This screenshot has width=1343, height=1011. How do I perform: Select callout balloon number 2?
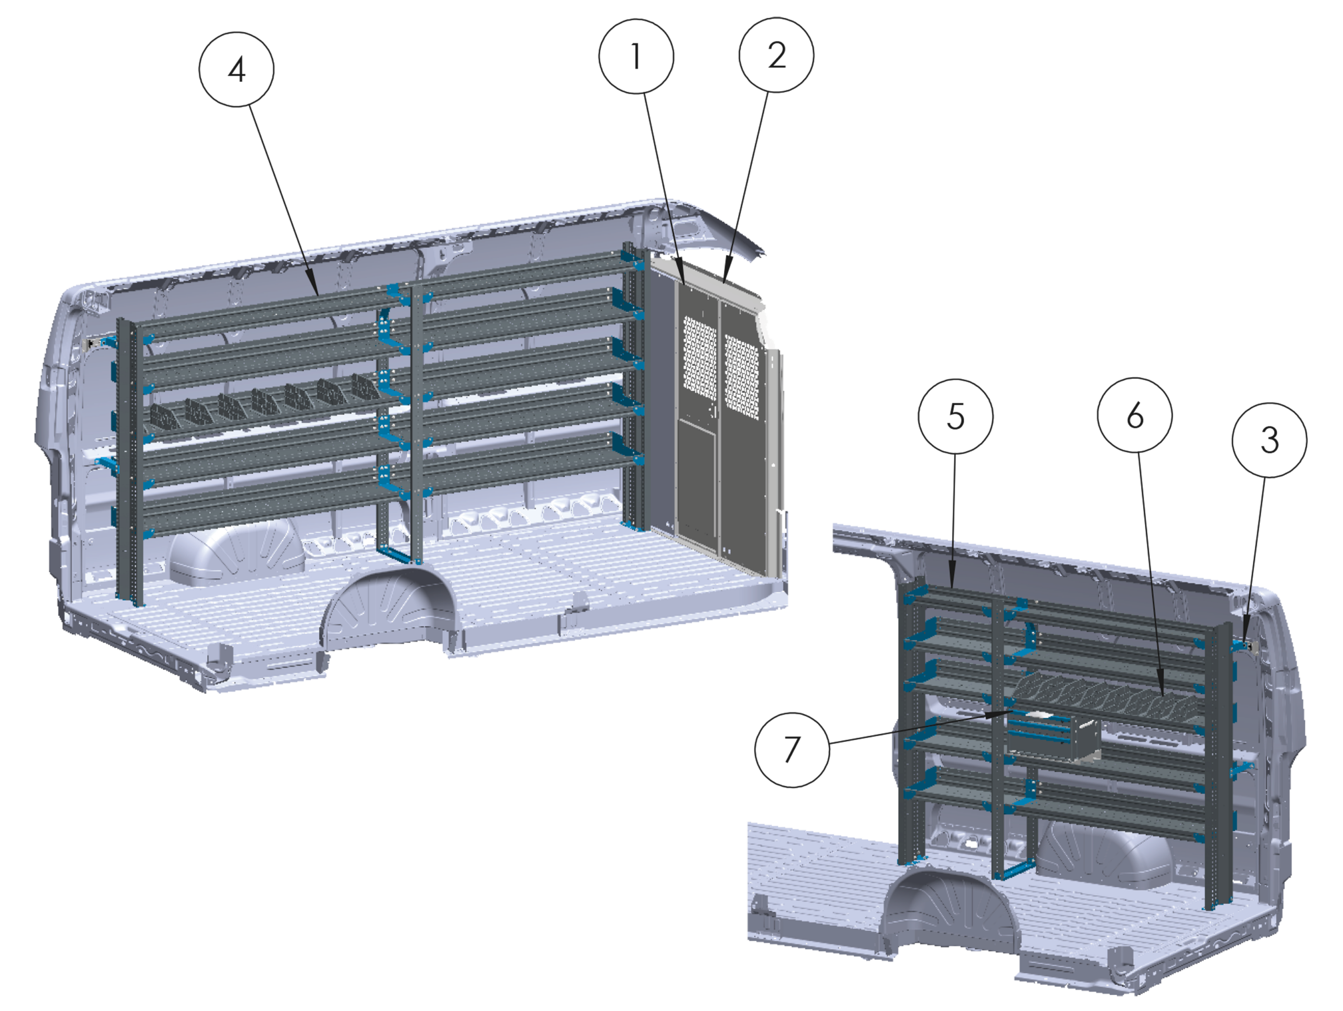[x=776, y=55]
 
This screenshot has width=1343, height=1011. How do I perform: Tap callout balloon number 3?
[x=1269, y=440]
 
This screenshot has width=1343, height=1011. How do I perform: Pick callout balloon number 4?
[x=236, y=70]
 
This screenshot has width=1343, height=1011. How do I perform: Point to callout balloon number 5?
[x=956, y=417]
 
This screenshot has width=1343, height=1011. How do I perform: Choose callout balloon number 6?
[x=1135, y=416]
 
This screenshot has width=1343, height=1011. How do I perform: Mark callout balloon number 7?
[x=792, y=750]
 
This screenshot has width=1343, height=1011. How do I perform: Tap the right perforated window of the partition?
[x=742, y=377]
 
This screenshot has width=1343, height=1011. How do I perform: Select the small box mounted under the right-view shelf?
[x=1054, y=737]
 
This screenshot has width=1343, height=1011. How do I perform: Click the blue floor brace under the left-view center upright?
[x=398, y=554]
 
